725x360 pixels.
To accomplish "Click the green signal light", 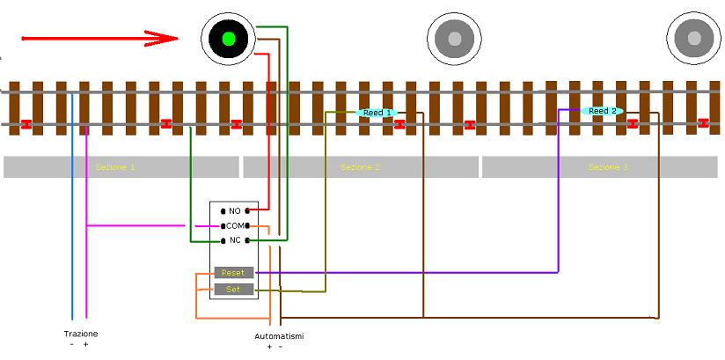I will [x=229, y=39].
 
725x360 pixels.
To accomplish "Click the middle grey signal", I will [x=455, y=39].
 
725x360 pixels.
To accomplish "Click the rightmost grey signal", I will [x=694, y=39].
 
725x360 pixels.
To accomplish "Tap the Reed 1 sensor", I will [x=378, y=113].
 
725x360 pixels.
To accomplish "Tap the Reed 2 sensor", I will [x=603, y=111].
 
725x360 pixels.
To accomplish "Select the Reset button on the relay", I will [x=233, y=273].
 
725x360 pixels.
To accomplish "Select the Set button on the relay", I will [x=233, y=289].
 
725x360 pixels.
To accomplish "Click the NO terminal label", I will [x=234, y=211].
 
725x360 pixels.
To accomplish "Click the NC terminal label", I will [x=234, y=239].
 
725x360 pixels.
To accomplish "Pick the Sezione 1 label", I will [x=115, y=166].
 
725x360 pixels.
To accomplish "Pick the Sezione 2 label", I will [x=361, y=166].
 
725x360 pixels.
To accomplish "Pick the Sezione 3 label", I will [x=608, y=166].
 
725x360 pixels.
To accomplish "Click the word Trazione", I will [x=81, y=334].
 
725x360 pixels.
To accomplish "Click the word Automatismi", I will [x=279, y=336].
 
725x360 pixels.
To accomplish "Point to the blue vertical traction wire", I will [x=72, y=220].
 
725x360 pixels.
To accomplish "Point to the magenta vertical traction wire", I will [x=86, y=264].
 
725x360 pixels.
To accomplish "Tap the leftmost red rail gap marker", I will [x=26, y=124].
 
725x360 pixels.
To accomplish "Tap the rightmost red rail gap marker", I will [x=703, y=123].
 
